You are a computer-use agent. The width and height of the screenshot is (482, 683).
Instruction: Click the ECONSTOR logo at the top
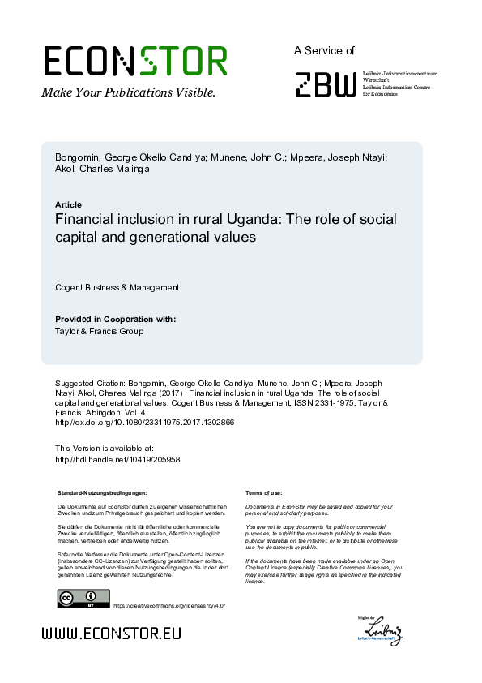pos(134,61)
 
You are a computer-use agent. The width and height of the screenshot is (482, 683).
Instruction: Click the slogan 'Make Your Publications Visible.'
pos(128,92)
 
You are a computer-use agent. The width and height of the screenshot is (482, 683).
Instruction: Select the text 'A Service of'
pos(324,50)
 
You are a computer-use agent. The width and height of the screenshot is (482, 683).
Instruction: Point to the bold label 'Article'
pos(68,204)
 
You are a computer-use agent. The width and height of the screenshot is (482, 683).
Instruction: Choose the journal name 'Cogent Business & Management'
pos(117,287)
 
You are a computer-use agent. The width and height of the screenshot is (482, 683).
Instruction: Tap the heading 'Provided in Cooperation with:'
pos(115,319)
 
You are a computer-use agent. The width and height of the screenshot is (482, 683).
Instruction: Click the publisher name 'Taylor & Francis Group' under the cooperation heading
pos(100,331)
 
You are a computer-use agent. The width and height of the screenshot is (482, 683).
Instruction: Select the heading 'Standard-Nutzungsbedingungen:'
pos(102,492)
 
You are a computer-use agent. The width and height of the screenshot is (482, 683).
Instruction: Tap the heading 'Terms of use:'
pos(263,492)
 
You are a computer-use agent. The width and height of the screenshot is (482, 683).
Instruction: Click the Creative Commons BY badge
pos(77,599)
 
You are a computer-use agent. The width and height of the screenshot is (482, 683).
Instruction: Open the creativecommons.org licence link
pos(168,606)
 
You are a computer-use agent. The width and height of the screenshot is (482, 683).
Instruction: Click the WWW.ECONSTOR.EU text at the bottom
pos(111,634)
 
